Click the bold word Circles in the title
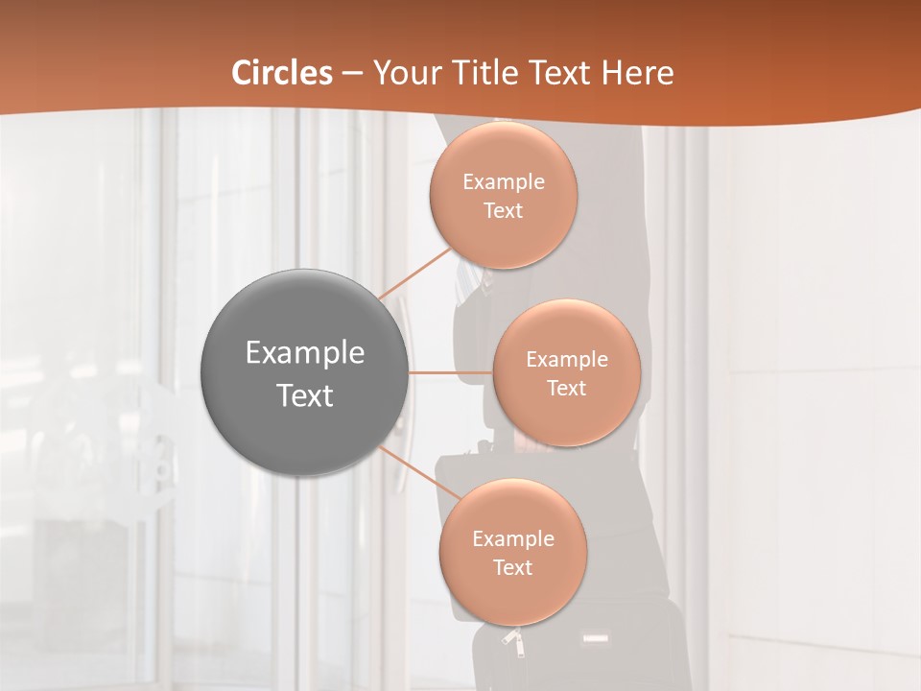coord(282,73)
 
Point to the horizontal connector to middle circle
coord(450,372)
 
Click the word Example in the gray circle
coord(304,353)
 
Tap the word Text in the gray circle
coord(304,395)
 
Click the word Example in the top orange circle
coord(503,182)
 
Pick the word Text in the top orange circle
coord(503,211)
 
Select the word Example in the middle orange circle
coord(566,360)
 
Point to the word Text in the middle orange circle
coord(566,389)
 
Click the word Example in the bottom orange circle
coord(512,539)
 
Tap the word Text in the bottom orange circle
coord(512,568)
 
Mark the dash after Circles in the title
coord(351,74)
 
